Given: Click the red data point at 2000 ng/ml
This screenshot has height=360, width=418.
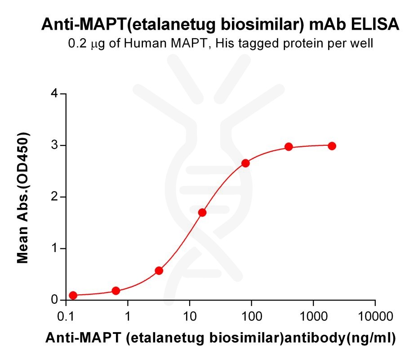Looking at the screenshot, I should (332, 146).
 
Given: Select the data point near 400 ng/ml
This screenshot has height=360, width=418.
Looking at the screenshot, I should (289, 147).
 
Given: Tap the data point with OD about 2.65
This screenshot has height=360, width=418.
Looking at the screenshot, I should (245, 163).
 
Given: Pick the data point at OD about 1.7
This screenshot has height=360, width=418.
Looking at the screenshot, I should (202, 212).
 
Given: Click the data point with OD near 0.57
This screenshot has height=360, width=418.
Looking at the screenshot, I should (159, 270).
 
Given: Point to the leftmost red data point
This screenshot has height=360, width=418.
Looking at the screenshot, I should (73, 295).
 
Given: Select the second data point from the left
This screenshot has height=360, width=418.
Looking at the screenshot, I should (116, 291).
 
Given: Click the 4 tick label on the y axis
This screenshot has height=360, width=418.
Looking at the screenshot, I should (55, 94).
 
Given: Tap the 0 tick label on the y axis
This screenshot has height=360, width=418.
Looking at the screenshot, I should (55, 300).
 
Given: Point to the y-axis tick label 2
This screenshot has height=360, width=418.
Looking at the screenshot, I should (55, 197).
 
